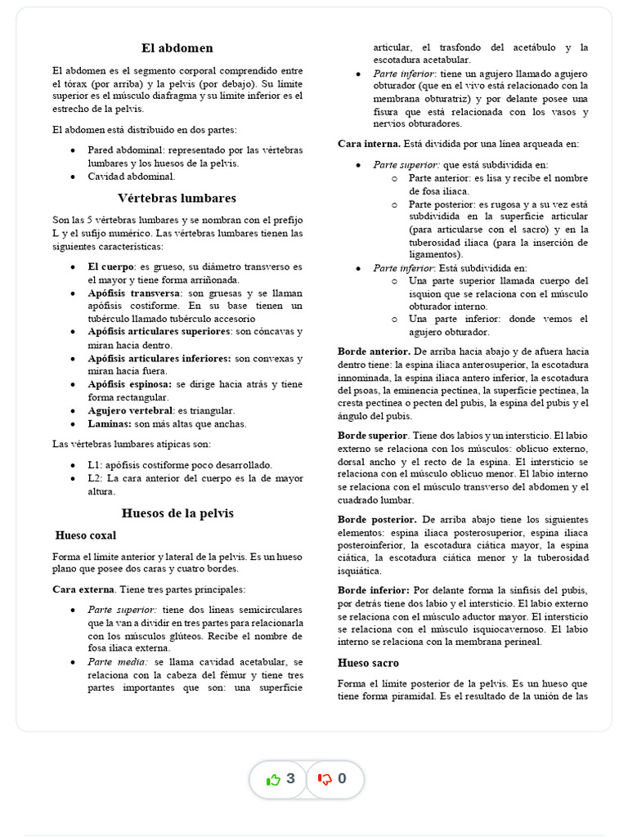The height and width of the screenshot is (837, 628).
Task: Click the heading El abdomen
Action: pyautogui.click(x=177, y=48)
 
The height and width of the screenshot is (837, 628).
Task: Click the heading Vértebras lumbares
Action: pyautogui.click(x=177, y=198)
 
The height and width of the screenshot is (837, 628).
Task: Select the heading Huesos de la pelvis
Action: pyautogui.click(x=177, y=513)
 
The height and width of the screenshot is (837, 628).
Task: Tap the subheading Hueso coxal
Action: pyautogui.click(x=86, y=535)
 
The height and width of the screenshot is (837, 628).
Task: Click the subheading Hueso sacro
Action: pyautogui.click(x=368, y=663)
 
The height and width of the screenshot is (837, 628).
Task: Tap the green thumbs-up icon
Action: pyautogui.click(x=273, y=779)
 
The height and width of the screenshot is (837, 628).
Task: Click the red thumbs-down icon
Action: pyautogui.click(x=325, y=779)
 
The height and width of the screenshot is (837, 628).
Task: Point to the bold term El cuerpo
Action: pyautogui.click(x=111, y=266)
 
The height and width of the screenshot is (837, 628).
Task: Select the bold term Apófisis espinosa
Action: pyautogui.click(x=129, y=384)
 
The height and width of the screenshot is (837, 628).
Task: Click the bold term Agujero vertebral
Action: pyautogui.click(x=130, y=410)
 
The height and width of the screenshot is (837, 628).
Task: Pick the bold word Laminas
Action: pyautogui.click(x=110, y=423)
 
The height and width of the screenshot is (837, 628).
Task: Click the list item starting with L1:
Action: pyautogui.click(x=180, y=464)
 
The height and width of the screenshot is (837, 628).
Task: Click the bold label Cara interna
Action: pyautogui.click(x=369, y=144)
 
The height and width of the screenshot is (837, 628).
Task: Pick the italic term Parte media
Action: pyautogui.click(x=119, y=662)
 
